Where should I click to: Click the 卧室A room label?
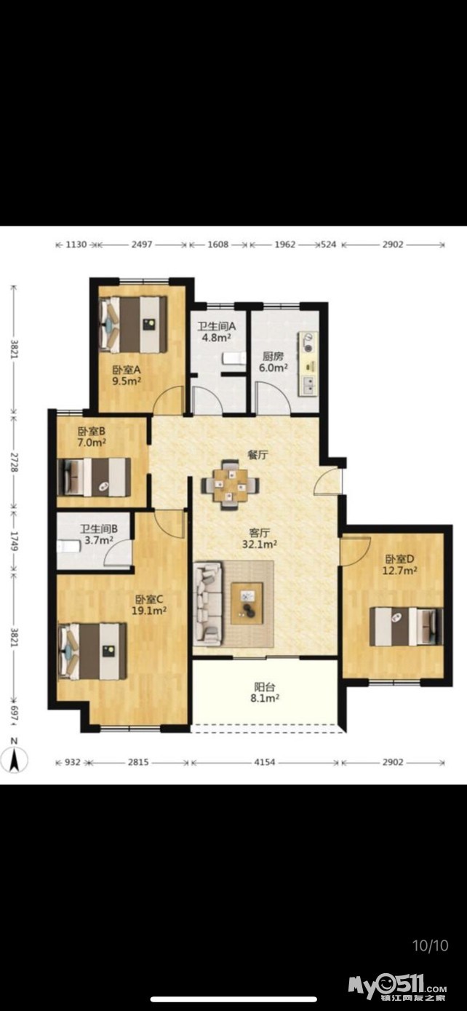pos(127,370)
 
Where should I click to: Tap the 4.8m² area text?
pos(217,337)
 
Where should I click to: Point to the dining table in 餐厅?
pos(231,485)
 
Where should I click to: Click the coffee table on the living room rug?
pos(247,603)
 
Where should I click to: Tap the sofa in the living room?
pos(209,603)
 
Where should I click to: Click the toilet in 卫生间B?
pos(68,547)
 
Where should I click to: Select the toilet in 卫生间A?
pos(234,359)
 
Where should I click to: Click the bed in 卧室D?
pos(406,626)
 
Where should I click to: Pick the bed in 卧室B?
pos(95,477)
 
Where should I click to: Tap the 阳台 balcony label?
pos(264,687)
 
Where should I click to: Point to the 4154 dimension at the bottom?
pos(264,762)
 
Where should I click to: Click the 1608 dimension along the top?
pos(218,245)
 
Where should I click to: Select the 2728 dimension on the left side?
pos(14,462)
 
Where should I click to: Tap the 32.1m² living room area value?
pos(260,544)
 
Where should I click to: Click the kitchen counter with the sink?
pos(308,364)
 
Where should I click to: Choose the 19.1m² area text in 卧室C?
pos(149,611)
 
